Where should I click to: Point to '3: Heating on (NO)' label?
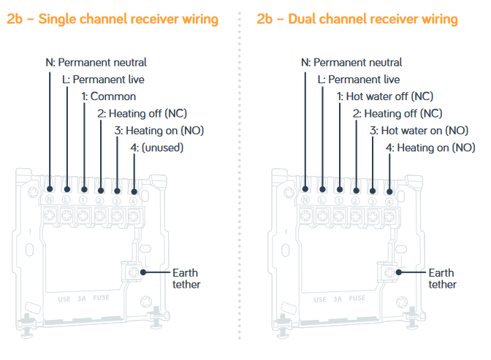(157, 131)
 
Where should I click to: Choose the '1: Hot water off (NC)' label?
(389, 96)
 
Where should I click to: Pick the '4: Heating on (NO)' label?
(430, 148)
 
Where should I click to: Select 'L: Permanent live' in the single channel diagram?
(103, 79)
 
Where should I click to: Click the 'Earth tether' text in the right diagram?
(442, 279)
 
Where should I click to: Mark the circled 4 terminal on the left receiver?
(133, 199)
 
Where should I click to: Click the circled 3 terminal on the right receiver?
(373, 199)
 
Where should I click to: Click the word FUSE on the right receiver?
(357, 298)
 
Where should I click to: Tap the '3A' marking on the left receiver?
(83, 298)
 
